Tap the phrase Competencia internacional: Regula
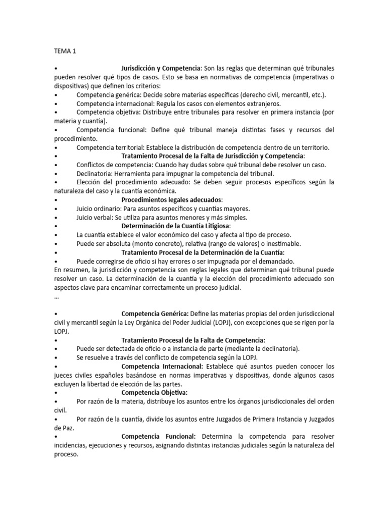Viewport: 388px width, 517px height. pos(124,104)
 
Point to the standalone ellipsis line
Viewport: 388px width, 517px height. pos(56,296)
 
